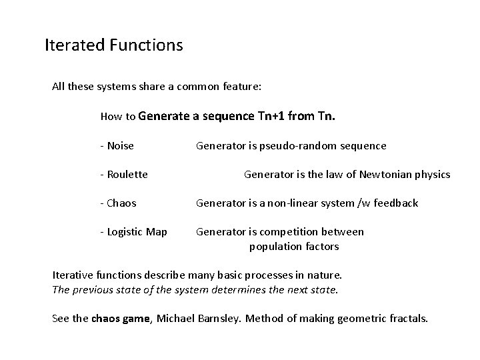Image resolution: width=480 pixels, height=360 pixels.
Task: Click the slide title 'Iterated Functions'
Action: click(113, 46)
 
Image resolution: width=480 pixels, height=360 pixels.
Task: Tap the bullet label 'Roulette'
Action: click(126, 175)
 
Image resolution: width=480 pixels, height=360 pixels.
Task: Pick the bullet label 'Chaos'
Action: click(121, 203)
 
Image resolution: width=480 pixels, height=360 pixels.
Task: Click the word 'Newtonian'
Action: click(383, 175)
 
